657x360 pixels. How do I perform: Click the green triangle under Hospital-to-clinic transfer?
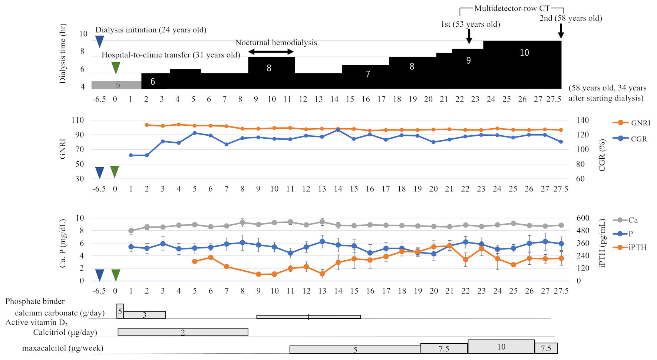116,67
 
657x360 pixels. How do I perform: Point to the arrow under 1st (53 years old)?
469,36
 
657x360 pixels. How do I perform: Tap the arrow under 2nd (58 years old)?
561,31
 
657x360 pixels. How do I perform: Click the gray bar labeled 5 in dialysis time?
116,85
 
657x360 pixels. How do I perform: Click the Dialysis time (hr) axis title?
63,54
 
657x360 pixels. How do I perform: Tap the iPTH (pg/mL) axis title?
602,243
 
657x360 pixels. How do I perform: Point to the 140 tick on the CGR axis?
582,120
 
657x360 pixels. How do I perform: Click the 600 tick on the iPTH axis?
583,218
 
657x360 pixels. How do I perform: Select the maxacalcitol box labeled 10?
501,347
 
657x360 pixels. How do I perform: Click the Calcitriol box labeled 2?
183,332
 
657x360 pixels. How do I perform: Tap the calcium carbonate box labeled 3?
145,315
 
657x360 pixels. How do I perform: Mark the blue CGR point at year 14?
338,130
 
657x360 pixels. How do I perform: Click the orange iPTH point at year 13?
322,274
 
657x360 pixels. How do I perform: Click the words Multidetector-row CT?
512,8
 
